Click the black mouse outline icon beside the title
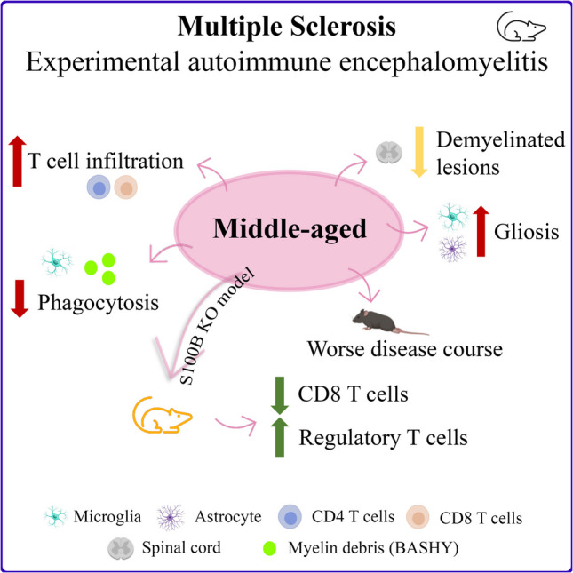521,27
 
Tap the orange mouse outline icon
162,415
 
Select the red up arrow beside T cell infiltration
17,161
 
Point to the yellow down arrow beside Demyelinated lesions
419,152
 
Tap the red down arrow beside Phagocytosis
20,298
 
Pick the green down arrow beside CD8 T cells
280,395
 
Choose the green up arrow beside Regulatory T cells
280,437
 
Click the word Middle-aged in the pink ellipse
290,229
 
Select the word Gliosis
527,232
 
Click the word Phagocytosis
99,303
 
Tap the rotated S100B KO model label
217,326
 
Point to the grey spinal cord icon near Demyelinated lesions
389,153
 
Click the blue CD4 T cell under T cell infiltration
99,187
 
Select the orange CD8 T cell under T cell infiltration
126,187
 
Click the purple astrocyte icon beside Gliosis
453,249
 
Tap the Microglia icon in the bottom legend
56,516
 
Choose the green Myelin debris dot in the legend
270,548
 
